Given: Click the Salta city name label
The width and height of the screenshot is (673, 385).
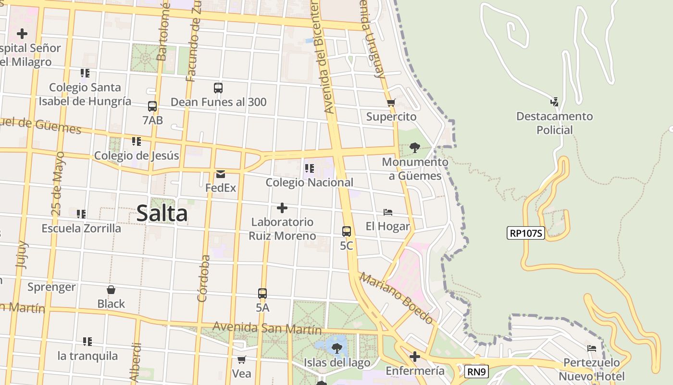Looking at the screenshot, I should (162, 213).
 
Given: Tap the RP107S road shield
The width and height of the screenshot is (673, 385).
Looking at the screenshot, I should (526, 233).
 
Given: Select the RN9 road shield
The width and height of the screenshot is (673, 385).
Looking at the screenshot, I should (477, 372).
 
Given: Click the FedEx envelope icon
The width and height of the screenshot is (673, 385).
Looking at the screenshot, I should (221, 174).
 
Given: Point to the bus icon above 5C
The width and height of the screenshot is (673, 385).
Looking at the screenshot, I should (347, 231).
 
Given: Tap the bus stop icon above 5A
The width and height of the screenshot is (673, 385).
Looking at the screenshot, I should (262, 293).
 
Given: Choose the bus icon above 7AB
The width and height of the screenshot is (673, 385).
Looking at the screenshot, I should (152, 106).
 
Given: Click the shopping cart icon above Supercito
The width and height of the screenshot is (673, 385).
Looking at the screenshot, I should (391, 103).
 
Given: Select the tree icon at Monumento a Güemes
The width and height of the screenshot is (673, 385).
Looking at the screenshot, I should (415, 148).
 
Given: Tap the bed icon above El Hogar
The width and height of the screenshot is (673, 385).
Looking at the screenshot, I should (388, 212).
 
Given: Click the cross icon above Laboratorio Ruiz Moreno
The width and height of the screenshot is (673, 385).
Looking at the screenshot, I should (282, 208).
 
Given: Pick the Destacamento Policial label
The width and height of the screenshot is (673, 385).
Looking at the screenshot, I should (555, 123).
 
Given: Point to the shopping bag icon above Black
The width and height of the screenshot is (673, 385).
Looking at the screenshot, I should (111, 290).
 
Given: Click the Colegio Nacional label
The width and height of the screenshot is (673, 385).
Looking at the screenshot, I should (310, 182).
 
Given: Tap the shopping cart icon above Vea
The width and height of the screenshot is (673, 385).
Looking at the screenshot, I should (242, 359).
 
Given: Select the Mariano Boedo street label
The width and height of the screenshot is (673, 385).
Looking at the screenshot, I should (397, 298).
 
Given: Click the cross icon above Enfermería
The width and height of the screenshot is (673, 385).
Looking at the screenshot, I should (415, 357).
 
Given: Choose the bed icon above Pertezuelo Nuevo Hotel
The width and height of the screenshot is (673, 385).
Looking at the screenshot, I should (592, 348).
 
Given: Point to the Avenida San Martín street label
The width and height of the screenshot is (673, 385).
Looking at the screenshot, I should (267, 328).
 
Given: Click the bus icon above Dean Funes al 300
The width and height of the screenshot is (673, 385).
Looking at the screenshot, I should (218, 88).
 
